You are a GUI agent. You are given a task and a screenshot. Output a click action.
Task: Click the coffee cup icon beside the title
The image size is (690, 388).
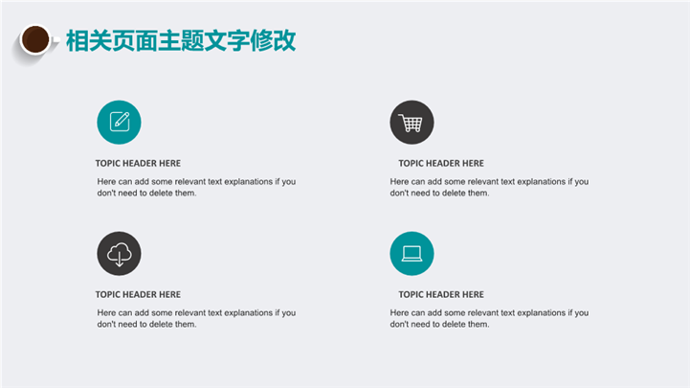tap(35, 39)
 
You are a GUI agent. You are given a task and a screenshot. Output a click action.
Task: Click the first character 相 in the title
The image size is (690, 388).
tap(78, 41)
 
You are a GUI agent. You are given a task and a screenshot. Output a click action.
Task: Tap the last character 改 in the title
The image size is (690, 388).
tap(284, 41)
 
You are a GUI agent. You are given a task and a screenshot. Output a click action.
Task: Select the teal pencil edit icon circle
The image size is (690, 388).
tap(119, 123)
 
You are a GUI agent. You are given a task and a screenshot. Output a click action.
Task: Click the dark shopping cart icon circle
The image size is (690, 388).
tap(412, 123)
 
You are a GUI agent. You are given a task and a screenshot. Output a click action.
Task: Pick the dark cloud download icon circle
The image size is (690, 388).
tap(119, 254)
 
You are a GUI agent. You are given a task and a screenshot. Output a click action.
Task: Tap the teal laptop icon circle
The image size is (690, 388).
tap(412, 254)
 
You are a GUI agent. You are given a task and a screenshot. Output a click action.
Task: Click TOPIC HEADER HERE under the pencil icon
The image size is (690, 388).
tap(138, 164)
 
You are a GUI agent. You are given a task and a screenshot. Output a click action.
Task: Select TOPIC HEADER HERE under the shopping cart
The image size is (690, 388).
tap(441, 164)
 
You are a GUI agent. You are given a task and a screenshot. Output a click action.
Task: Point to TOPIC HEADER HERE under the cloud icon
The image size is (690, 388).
tap(138, 295)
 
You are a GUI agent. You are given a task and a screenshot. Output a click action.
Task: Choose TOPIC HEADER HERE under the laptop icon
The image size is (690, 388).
tap(441, 295)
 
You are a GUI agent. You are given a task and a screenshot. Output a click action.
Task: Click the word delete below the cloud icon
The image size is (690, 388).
tap(161, 324)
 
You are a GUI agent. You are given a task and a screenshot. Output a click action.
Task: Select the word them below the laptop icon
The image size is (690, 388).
tap(479, 324)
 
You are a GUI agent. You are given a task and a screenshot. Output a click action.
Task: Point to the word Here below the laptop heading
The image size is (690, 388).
tap(400, 312)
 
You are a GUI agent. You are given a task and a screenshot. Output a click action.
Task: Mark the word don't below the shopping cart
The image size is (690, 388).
tap(399, 193)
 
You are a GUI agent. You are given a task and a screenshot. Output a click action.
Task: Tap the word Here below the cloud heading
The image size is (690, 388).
tap(106, 312)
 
